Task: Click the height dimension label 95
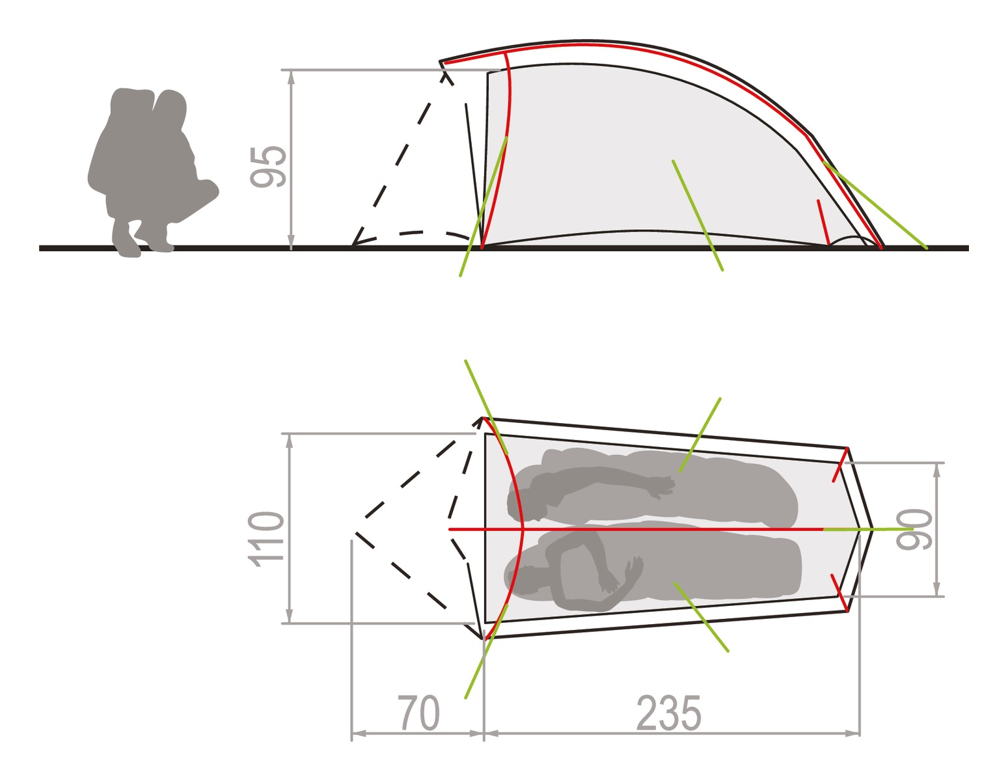tap(268, 167)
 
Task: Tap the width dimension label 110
tap(266, 540)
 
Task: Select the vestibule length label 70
tap(418, 713)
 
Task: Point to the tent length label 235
tap(668, 713)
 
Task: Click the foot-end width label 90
tap(914, 530)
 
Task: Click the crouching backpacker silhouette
tap(153, 172)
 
